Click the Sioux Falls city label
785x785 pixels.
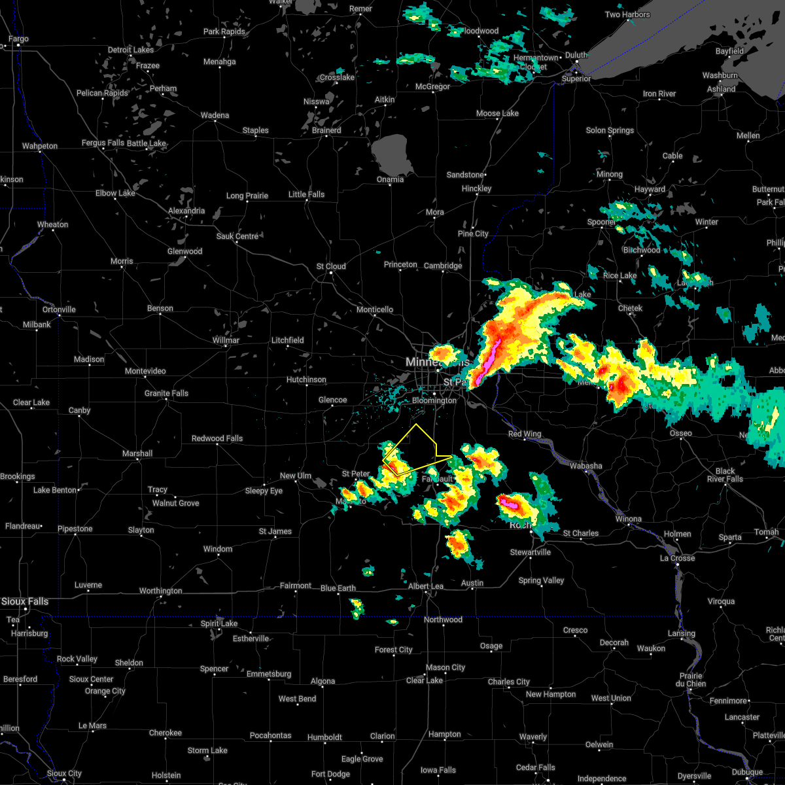[x=25, y=601]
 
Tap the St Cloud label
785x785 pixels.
[x=331, y=266]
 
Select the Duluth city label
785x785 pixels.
[x=576, y=55]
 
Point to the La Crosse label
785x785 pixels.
[x=677, y=558]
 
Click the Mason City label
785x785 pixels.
[x=445, y=667]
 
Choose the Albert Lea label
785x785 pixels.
[x=426, y=586]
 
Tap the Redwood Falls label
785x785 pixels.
[x=217, y=438]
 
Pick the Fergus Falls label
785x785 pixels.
[x=103, y=143]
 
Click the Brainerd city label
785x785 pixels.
[x=326, y=130]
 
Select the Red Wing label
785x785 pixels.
[x=525, y=434]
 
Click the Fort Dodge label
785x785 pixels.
[x=330, y=774]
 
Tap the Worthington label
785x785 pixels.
[x=161, y=591]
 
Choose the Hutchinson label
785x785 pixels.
[x=306, y=379]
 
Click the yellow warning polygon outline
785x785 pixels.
[x=417, y=425]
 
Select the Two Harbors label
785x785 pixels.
[x=627, y=14]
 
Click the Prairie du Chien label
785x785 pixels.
[x=691, y=680]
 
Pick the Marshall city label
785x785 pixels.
[x=137, y=453]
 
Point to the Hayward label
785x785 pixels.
[x=650, y=189]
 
